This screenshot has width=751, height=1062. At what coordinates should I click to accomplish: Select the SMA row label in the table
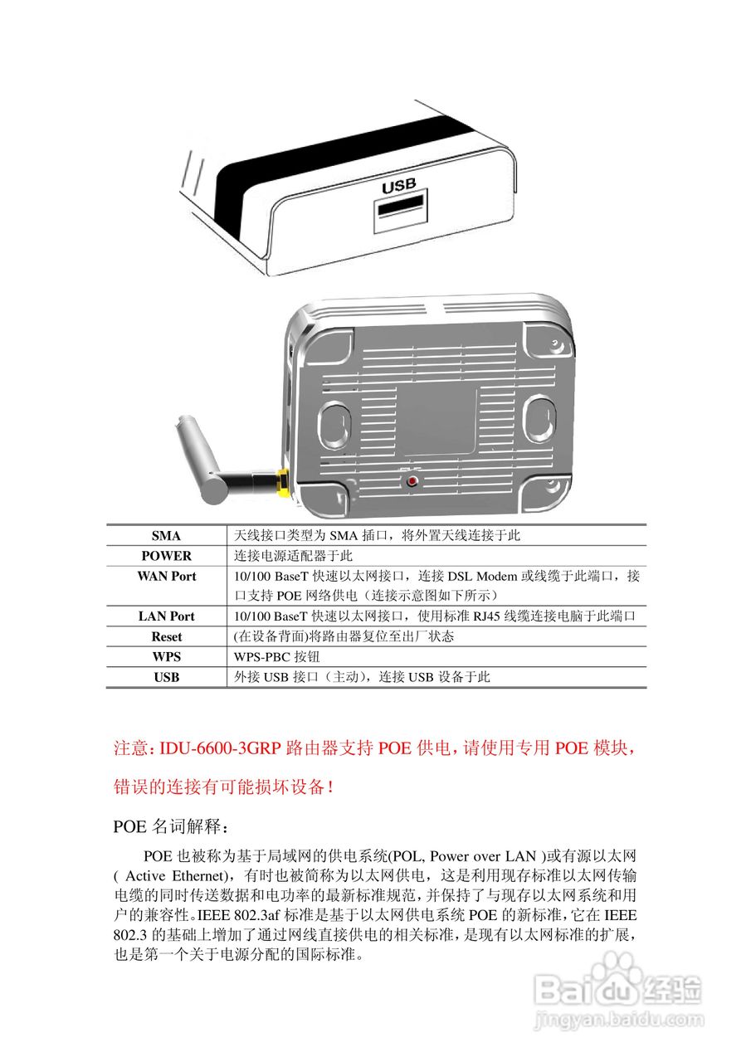166,536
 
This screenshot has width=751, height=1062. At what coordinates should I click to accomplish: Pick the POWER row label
166,556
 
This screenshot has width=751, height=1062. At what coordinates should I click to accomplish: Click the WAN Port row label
166,576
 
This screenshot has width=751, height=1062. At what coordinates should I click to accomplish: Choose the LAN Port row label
166,616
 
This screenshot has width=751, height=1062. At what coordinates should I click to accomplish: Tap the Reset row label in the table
166,637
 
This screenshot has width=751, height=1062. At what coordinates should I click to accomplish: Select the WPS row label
166,657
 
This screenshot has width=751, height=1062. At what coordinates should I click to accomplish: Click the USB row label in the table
166,677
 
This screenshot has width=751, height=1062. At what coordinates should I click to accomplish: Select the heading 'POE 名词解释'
168,827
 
